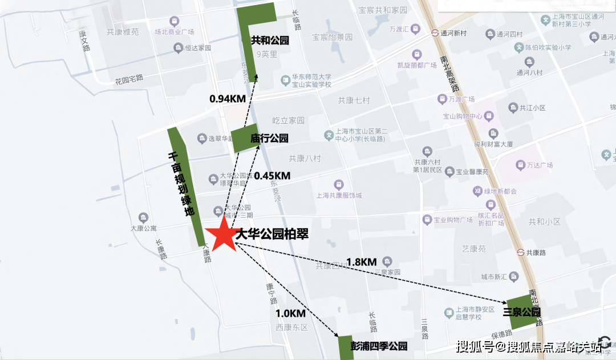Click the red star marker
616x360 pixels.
click(221, 236)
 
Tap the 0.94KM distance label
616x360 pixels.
click(228, 98)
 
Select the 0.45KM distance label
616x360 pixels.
click(272, 176)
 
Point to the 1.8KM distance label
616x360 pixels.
click(362, 262)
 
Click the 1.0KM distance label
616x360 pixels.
click(291, 313)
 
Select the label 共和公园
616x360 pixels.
click(270, 41)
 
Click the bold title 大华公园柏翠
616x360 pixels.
click(272, 233)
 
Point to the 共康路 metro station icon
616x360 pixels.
click(521, 252)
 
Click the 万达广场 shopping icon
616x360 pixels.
click(520, 165)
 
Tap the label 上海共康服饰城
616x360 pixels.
click(339, 195)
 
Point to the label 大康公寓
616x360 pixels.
click(144, 228)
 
